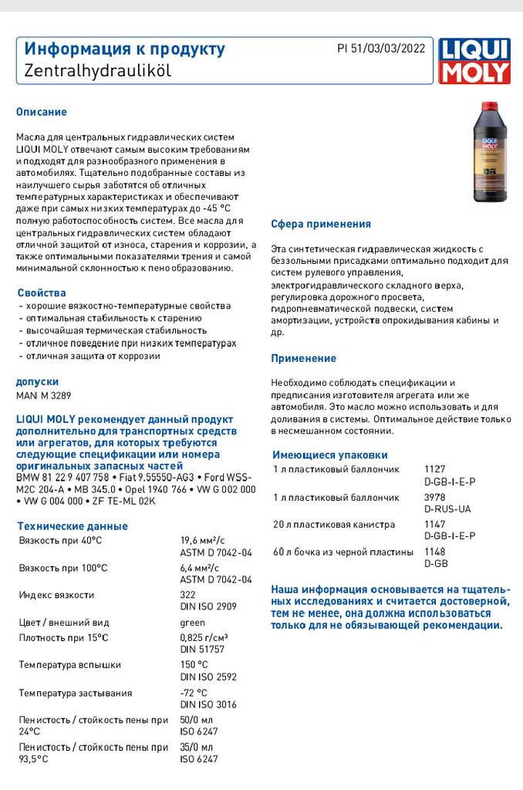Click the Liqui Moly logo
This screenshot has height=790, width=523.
(474, 61)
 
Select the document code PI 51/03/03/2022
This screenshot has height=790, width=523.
(381, 49)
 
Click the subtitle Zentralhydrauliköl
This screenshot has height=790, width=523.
(97, 70)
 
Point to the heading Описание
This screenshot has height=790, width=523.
(42, 112)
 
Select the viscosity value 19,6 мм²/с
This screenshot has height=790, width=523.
(202, 541)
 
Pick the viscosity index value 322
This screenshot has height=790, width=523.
(187, 595)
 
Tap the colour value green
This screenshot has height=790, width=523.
(192, 623)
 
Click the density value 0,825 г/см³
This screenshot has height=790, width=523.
(204, 637)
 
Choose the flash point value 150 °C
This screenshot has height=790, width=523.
(194, 665)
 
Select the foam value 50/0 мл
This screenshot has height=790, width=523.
(196, 720)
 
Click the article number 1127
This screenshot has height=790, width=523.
(435, 469)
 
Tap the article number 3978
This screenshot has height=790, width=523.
(435, 498)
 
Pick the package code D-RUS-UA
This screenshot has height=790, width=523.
(447, 509)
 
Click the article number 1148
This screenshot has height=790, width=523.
(435, 552)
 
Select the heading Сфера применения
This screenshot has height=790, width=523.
(321, 225)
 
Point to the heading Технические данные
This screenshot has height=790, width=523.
(73, 526)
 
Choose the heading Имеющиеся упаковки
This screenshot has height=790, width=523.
(330, 455)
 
